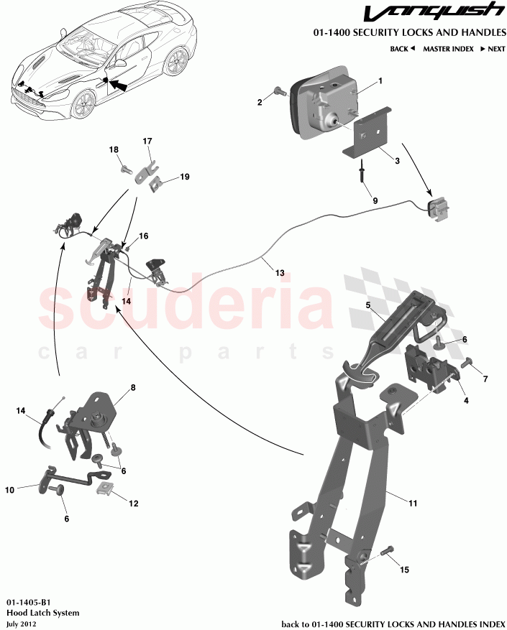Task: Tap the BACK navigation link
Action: click(x=403, y=49)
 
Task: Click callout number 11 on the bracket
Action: click(x=413, y=504)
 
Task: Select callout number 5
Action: click(x=367, y=305)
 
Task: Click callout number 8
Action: click(x=132, y=388)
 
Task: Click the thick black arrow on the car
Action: click(x=121, y=85)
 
